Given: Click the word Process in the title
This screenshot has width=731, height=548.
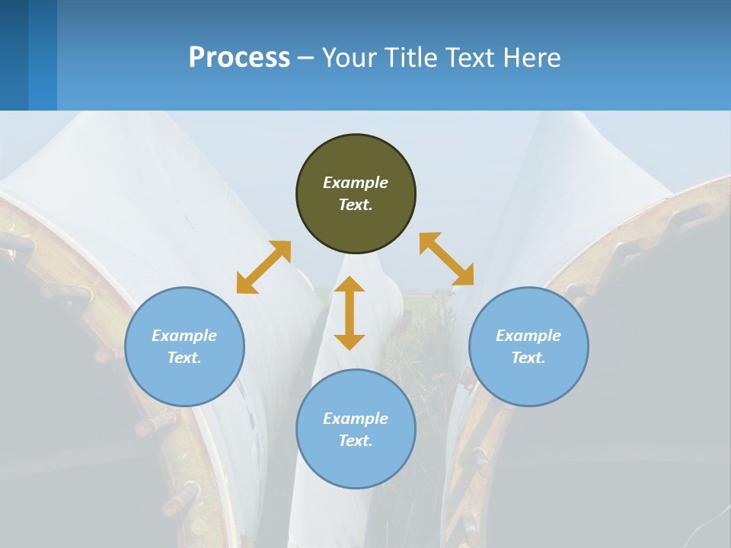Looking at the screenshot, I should (239, 58).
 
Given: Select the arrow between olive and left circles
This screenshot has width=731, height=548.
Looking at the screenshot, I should (263, 267).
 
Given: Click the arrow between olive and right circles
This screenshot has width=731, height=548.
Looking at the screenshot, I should (446, 259).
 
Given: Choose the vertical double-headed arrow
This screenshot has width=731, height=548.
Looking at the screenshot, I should (350, 313).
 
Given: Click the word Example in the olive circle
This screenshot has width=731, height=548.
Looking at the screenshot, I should (356, 183).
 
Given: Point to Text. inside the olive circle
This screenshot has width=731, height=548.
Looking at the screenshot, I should (356, 205).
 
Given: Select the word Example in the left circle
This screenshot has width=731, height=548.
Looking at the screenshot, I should (184, 336).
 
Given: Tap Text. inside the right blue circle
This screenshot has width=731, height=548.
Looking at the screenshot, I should (528, 358).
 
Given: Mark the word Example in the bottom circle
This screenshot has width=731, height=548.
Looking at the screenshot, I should (356, 419).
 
